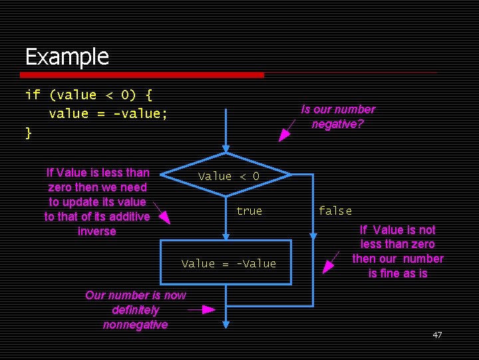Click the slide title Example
67,57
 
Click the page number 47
437,335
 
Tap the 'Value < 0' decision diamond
226,176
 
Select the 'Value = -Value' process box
226,263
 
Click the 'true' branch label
249,211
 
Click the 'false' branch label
335,211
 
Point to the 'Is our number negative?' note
338,116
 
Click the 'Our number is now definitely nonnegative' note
136,309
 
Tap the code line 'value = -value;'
108,113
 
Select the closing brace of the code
29,132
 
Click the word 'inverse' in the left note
96,231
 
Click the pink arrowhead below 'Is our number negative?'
284,135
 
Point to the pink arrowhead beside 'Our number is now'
208,309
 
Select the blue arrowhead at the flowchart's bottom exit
226,324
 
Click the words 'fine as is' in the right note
398,273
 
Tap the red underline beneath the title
144,74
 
